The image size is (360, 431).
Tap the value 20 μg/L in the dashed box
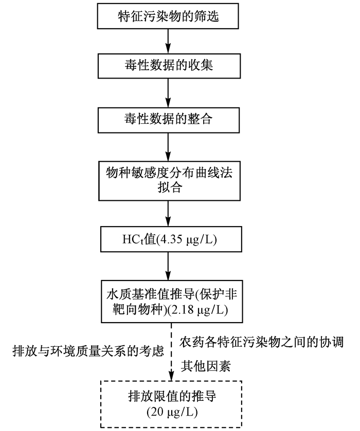(172, 413)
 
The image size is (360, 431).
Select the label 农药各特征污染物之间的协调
(261, 342)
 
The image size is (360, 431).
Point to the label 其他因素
(206, 366)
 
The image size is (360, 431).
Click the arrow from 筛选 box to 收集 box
(168, 41)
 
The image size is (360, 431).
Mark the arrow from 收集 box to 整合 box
(168, 93)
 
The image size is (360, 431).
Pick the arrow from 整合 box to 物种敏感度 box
(168, 147)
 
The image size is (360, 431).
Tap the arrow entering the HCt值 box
(168, 214)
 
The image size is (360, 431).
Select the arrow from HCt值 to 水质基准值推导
(168, 266)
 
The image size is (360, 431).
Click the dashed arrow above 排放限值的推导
(171, 352)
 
